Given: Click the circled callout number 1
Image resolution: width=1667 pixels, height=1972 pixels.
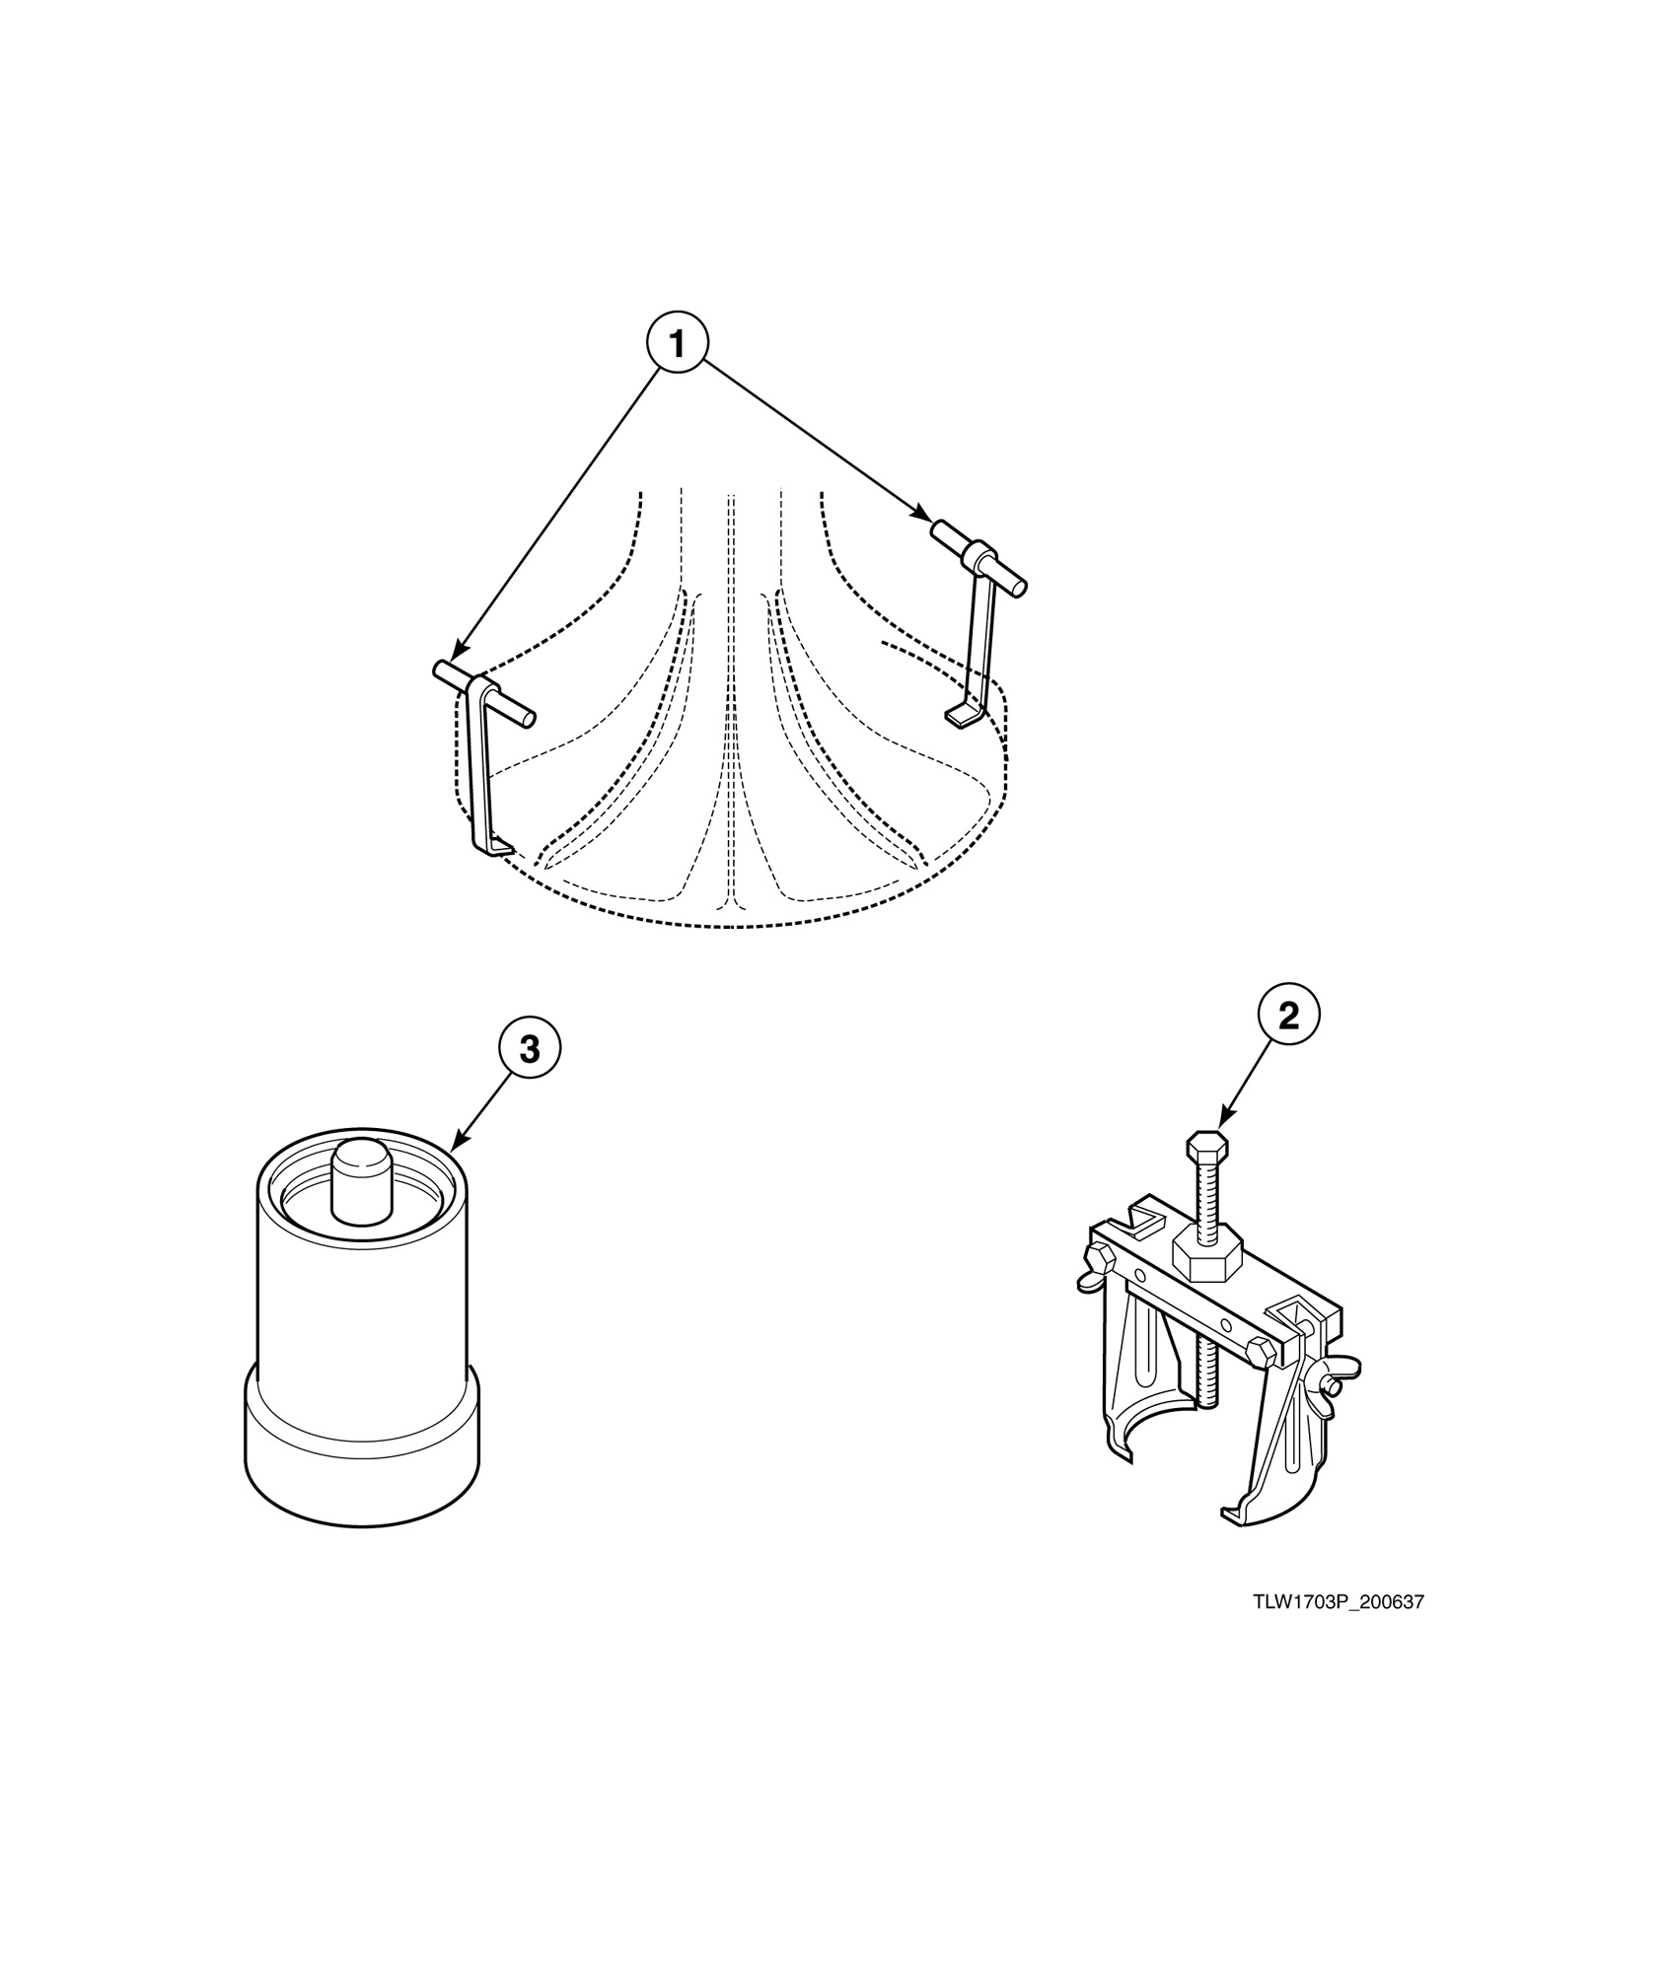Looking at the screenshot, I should [x=677, y=344].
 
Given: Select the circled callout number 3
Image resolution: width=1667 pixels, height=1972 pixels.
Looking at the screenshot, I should [x=530, y=1050].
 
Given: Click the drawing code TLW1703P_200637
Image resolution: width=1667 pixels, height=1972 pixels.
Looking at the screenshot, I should [x=1340, y=1602].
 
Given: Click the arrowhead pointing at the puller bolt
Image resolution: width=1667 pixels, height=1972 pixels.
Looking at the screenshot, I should [x=1224, y=1120].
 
